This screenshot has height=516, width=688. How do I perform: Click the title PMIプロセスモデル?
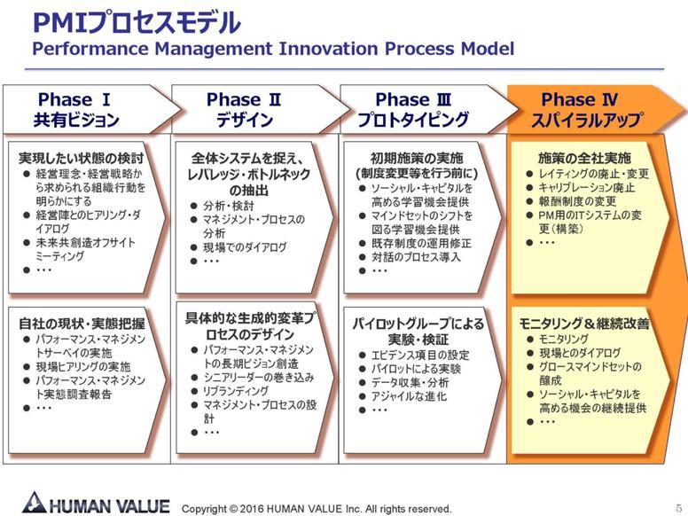point(137,22)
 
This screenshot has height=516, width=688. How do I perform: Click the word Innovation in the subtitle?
point(328,48)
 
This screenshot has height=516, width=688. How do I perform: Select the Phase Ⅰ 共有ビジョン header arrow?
point(92,109)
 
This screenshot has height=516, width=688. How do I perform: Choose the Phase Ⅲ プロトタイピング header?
point(429,109)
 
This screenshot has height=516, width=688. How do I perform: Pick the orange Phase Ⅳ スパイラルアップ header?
point(598,109)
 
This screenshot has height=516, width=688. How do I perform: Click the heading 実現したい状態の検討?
point(82,158)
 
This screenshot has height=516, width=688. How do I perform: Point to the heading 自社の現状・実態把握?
point(82,324)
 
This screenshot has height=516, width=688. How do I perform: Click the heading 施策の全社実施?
point(584,158)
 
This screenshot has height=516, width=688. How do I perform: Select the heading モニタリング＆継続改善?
point(584,324)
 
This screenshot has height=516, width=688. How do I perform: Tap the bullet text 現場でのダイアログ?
point(245,247)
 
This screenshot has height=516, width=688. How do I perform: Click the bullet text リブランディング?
point(236,391)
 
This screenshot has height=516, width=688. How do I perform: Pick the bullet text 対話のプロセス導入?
point(416,257)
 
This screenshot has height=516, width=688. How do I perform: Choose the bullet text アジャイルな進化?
point(409,396)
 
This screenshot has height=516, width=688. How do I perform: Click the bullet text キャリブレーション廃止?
point(587,188)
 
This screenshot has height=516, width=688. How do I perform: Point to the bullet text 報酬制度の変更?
point(577,201)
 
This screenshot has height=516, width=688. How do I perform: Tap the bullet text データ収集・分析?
point(410,383)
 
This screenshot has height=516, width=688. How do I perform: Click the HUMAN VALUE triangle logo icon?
point(35,503)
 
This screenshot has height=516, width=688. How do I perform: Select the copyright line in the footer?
point(317,509)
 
